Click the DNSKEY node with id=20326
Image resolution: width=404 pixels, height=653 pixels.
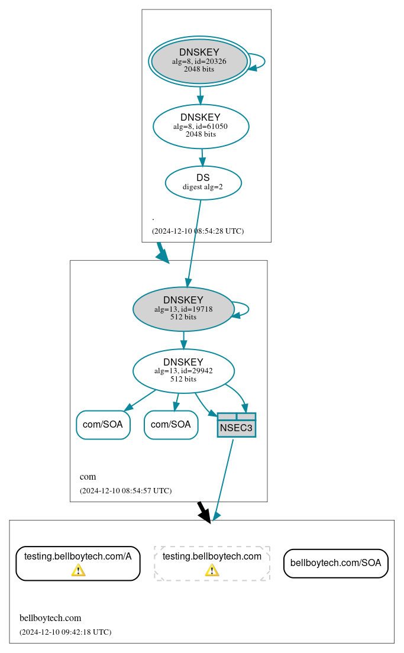pos(199,62)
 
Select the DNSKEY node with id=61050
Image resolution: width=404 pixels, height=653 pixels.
pos(201,126)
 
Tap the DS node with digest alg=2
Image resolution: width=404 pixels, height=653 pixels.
pos(203,183)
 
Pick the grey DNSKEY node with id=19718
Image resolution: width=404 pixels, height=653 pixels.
pos(183,309)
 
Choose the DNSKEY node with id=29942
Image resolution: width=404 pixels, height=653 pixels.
pos(183,371)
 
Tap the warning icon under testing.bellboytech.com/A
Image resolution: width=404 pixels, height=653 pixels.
pos(78,570)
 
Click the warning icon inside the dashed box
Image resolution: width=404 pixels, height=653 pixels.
pos(212,570)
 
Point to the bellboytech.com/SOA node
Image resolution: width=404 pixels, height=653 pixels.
pos(335,563)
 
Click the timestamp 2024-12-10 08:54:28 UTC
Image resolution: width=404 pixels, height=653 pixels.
pos(198,231)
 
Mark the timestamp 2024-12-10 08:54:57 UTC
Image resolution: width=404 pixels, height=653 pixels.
pos(125,491)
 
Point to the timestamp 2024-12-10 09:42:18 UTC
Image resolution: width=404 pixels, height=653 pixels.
pos(65,632)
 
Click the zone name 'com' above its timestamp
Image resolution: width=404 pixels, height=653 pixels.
pos(88,477)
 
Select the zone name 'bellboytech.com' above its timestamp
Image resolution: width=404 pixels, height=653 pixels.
pos(50,619)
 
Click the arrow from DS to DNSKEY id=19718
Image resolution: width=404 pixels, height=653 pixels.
pos(194,243)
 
